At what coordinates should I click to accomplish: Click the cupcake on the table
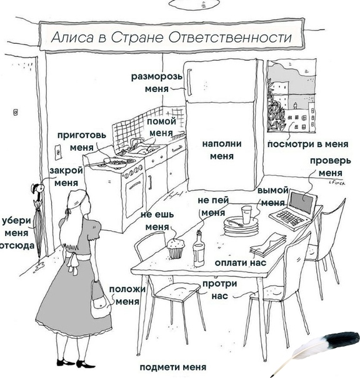click(176, 248)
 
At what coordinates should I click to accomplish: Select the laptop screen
click(302, 203)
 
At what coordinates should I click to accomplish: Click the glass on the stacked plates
click(246, 215)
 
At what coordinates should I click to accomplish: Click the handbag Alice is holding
click(99, 300)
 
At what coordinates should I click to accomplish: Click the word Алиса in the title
click(72, 38)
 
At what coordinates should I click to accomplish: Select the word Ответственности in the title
click(230, 38)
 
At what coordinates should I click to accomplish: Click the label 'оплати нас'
click(241, 263)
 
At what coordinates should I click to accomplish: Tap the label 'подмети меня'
click(173, 367)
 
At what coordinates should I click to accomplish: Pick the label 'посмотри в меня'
click(308, 144)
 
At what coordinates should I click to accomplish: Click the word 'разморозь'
click(157, 77)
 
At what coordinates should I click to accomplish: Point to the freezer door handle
click(189, 83)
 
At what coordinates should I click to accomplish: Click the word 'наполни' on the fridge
click(222, 144)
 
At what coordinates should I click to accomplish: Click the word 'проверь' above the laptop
click(331, 161)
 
